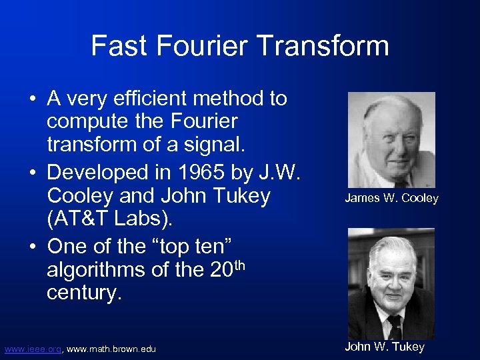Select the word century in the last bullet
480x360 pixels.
[x=82, y=294]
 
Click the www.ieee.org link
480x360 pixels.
[x=33, y=349]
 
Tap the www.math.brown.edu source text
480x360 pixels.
[x=111, y=349]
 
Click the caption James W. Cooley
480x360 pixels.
[x=391, y=198]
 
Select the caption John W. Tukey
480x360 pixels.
[x=384, y=347]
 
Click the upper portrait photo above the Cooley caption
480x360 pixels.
[x=391, y=139]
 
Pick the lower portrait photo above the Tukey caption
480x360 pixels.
[x=391, y=283]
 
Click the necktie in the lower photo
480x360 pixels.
[x=395, y=327]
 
